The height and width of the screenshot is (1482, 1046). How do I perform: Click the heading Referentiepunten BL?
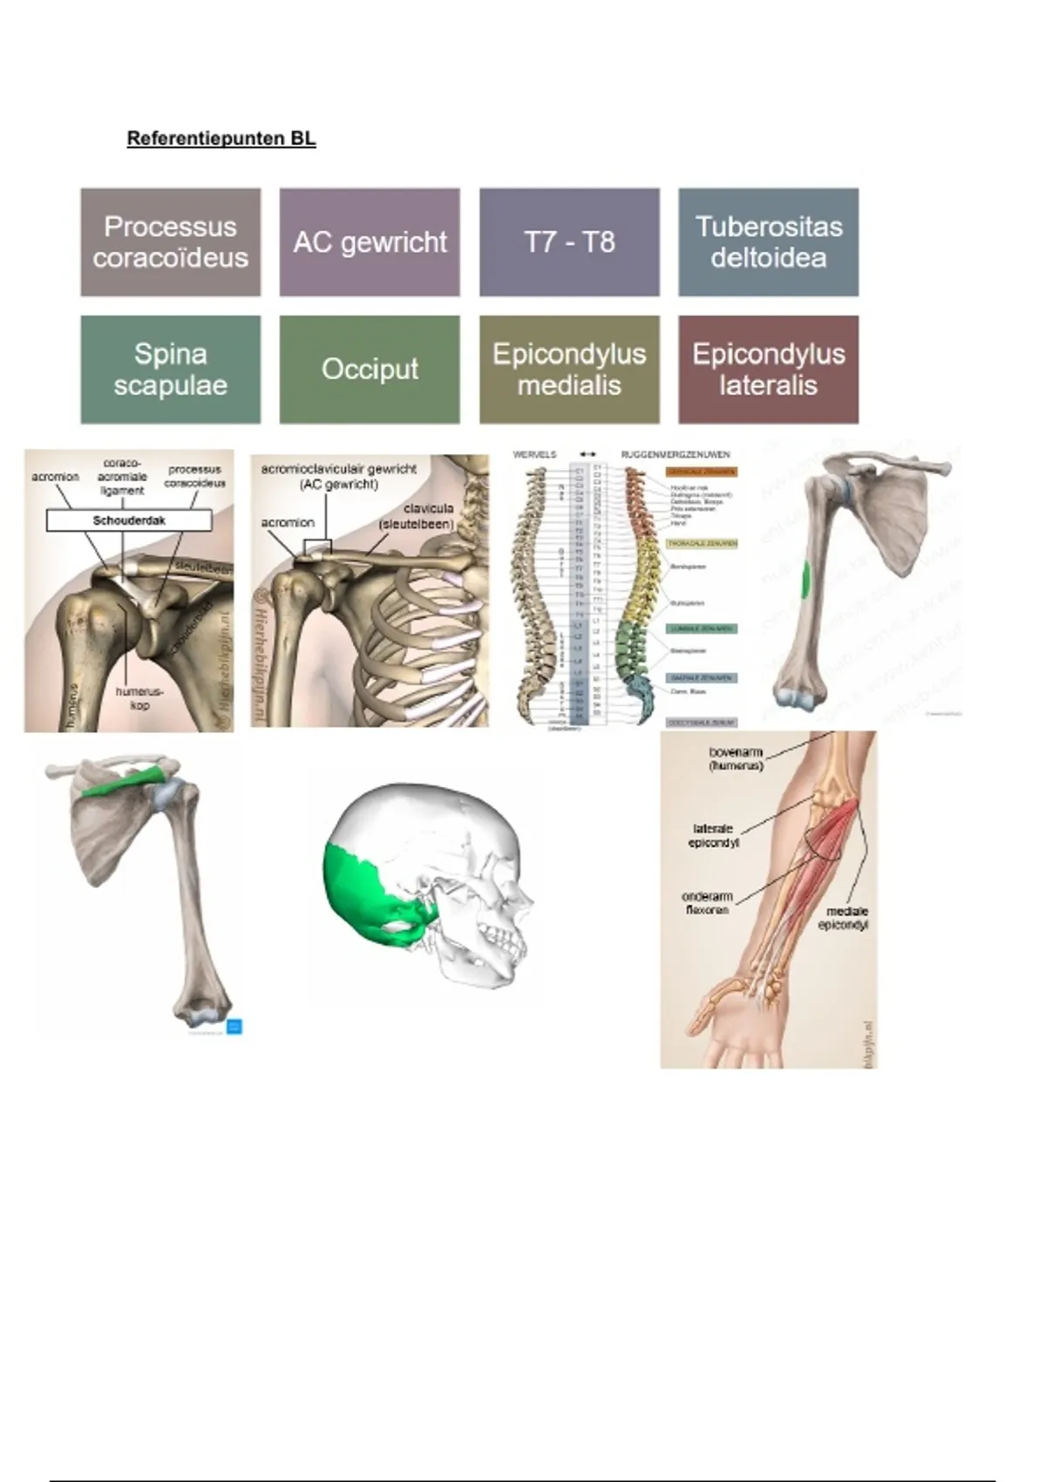(x=221, y=139)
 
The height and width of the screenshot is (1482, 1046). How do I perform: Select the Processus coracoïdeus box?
(x=171, y=242)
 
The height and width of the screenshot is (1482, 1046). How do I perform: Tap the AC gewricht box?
(x=370, y=242)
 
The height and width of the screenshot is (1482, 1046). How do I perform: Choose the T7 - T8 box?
(x=569, y=242)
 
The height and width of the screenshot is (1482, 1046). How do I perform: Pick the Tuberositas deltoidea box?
(x=768, y=242)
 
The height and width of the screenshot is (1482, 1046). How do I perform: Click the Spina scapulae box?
(x=171, y=370)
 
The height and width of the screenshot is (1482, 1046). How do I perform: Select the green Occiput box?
(x=370, y=370)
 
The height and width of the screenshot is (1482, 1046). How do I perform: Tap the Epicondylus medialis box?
(x=569, y=370)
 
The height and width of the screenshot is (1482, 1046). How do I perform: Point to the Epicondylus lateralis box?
(x=768, y=370)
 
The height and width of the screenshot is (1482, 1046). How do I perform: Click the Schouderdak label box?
(x=129, y=520)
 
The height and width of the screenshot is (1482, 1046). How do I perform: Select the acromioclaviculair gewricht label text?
(x=338, y=476)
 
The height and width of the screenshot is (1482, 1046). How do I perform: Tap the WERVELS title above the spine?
(x=534, y=454)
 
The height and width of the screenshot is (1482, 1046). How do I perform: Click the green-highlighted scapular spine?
(x=123, y=783)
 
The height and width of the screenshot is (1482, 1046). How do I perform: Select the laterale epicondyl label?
(x=713, y=836)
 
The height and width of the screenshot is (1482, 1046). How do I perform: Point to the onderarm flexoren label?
(x=707, y=903)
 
